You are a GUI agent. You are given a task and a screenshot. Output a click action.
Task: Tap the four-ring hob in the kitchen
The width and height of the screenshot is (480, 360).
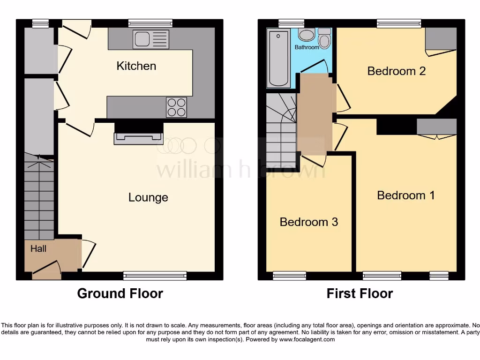(176, 107)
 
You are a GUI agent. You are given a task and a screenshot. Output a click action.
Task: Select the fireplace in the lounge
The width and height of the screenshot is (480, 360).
(138, 137)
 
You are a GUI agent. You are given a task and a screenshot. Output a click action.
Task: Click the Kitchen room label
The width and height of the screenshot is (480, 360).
(136, 66)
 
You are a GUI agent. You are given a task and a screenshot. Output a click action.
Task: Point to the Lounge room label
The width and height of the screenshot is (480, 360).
(148, 197)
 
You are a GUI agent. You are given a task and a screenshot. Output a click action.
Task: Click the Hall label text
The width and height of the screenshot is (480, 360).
(38, 248)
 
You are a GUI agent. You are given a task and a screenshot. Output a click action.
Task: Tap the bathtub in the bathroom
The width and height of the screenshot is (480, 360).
(278, 58)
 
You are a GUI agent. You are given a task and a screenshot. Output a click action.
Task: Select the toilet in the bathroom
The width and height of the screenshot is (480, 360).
(324, 38)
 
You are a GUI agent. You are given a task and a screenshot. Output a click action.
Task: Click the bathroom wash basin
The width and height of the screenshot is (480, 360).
(307, 35)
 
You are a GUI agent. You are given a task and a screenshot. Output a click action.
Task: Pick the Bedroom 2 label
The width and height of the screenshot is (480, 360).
(396, 71)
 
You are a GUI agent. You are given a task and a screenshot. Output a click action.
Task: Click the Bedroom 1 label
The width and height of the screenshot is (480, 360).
(406, 195)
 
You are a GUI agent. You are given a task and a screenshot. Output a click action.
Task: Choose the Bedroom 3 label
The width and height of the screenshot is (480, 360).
(308, 222)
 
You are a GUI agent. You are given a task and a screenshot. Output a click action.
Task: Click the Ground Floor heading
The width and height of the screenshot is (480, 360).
(120, 293)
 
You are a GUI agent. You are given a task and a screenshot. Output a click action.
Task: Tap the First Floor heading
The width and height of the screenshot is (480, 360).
(360, 293)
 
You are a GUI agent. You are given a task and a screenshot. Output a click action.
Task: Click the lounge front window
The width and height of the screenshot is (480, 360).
(155, 276)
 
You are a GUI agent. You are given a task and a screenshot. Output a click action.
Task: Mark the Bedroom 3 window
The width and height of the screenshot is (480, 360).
(289, 276)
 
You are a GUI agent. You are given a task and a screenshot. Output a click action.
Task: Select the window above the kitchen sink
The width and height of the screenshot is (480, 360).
(150, 23)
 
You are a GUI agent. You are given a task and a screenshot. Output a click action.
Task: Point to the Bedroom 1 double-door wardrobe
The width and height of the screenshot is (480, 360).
(436, 127)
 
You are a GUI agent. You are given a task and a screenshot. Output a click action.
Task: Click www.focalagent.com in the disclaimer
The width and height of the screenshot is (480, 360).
(307, 339)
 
